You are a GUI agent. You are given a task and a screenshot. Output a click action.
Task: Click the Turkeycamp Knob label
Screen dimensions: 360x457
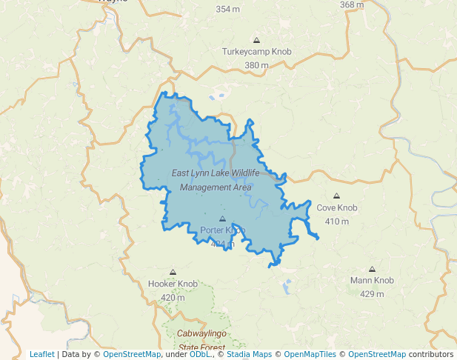pos(256,53)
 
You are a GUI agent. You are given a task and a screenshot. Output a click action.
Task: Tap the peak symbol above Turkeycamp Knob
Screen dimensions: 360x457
pos(256,40)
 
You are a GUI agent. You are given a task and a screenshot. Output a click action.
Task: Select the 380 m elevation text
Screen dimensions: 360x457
pos(256,65)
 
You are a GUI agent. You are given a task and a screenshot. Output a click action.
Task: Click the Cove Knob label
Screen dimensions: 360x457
pos(337,208)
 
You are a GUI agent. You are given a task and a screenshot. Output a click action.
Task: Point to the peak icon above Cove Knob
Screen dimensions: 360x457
pos(337,196)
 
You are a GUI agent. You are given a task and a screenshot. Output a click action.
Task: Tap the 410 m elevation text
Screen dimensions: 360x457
pos(337,221)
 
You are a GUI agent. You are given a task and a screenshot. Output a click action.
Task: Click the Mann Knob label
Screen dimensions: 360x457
pos(372,281)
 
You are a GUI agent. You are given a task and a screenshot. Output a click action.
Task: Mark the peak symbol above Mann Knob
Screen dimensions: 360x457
pos(372,270)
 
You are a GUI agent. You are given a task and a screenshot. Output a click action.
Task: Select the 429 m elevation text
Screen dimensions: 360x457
pos(372,294)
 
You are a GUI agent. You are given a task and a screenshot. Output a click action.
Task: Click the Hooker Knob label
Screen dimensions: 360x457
pos(173,284)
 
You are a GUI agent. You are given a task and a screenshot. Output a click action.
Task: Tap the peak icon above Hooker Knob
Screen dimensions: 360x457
pos(173,273)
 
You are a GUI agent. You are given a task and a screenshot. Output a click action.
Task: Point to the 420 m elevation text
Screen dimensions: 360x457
pos(173,298)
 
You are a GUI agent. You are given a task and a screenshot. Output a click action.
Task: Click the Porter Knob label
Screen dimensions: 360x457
pos(222,230)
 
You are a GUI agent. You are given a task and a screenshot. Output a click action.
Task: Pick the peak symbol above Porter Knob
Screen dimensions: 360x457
pos(222,219)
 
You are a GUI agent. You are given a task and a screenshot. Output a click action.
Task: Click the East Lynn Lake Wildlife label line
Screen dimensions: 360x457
pos(216,173)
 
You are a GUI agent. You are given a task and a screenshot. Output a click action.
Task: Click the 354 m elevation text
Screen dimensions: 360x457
pos(227,10)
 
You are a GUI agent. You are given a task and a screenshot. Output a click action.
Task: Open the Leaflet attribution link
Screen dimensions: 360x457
pos(41,354)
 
